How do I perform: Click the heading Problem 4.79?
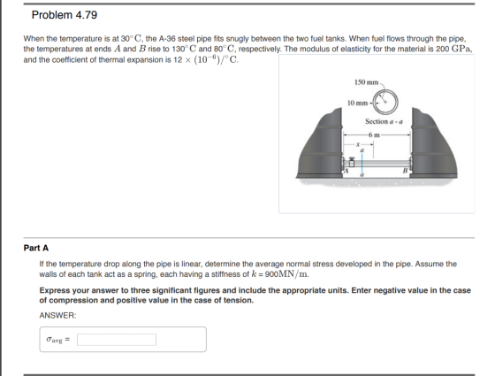[x=65, y=15]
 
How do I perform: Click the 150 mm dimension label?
[x=366, y=82]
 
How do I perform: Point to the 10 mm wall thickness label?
[x=357, y=103]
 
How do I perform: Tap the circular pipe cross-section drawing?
[x=385, y=102]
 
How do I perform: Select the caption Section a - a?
[x=384, y=121]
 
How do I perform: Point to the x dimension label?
[x=358, y=144]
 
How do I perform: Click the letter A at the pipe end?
[x=346, y=171]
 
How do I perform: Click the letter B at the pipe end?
[x=406, y=171]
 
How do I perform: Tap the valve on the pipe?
[x=352, y=161]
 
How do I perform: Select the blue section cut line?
[x=362, y=164]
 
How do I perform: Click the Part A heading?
[x=36, y=248]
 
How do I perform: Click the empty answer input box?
[x=117, y=340]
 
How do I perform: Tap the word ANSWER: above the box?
[x=57, y=315]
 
